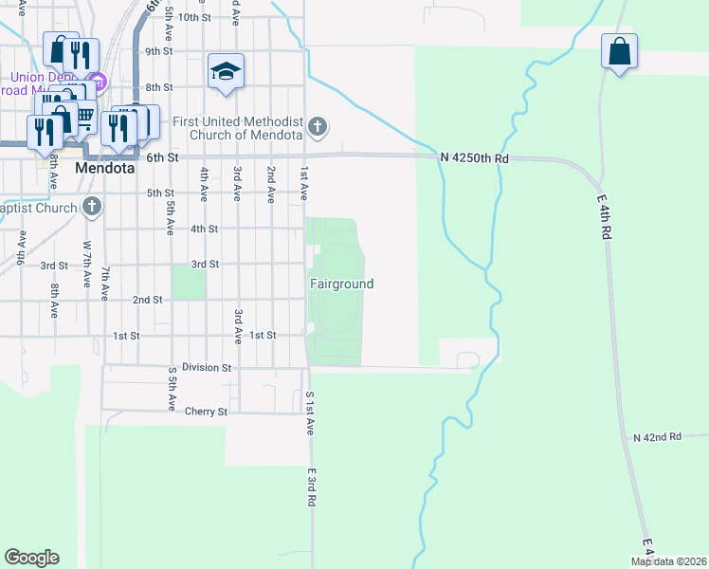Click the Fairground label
[x=342, y=284]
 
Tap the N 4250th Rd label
[x=474, y=158]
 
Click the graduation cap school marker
[x=227, y=72]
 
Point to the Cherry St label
[x=207, y=413]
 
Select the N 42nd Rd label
[x=657, y=437]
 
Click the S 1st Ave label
[x=309, y=413]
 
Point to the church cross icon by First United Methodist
[x=318, y=126]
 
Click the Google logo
[x=31, y=558]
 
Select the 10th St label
[x=193, y=17]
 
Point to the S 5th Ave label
[x=171, y=388]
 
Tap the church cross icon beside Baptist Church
[x=92, y=205]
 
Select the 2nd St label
[x=147, y=300]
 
